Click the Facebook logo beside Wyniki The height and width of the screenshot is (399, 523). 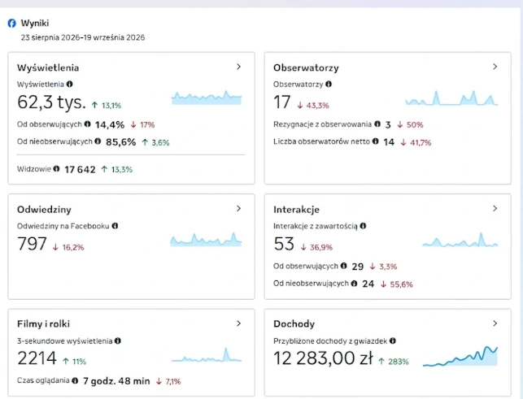tap(11, 24)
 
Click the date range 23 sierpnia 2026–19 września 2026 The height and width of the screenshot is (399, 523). tap(83, 37)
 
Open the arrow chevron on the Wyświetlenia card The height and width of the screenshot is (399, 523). tap(238, 67)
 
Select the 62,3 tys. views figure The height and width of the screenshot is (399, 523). tap(51, 102)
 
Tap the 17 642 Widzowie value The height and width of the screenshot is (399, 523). tap(80, 170)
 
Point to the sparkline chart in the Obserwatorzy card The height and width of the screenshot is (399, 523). tap(451, 98)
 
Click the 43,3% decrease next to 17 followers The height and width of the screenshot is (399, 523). tap(313, 106)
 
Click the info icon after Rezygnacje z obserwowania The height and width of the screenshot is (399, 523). tap(377, 124)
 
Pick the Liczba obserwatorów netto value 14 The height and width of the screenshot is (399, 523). tap(389, 142)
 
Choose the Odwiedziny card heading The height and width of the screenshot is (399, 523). tap(44, 210)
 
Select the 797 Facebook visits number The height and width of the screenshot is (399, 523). tap(32, 244)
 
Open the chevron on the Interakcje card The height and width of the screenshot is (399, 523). tap(495, 208)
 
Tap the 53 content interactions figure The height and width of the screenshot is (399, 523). tap(284, 244)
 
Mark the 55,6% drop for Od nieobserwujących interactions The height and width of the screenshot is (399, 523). tap(397, 284)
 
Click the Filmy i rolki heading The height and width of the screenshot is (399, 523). tap(43, 323)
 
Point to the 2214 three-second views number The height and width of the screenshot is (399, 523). tap(37, 358)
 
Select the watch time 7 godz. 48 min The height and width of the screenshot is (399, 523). tap(116, 381)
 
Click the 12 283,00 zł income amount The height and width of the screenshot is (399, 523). tap(323, 358)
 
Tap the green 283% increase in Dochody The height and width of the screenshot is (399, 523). tap(394, 362)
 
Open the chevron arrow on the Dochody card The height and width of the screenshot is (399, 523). tap(495, 323)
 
